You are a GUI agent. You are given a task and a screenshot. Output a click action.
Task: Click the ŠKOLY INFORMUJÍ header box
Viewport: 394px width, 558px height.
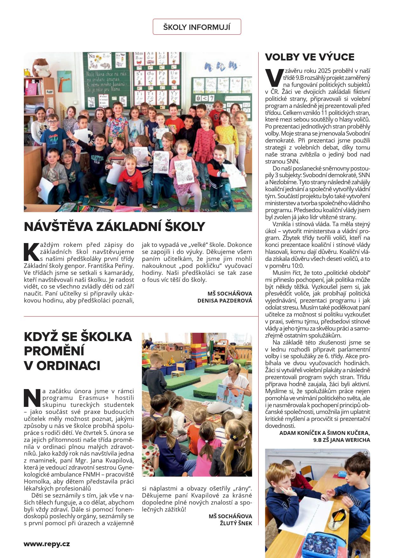point(197,27)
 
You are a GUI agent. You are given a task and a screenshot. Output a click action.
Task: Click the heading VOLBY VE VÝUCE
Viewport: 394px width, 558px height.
point(309,57)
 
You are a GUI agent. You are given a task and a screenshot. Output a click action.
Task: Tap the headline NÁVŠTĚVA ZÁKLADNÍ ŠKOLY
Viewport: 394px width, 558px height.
point(114,227)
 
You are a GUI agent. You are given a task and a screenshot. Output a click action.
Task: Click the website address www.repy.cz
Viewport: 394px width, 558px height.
point(47,544)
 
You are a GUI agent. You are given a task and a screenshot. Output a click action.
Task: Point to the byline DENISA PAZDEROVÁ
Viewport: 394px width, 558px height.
point(225,301)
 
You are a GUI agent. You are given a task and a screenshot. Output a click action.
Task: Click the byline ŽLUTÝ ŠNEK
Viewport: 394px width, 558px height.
point(236,523)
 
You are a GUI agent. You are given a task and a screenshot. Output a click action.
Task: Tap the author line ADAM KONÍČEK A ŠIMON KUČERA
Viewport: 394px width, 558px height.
point(324,433)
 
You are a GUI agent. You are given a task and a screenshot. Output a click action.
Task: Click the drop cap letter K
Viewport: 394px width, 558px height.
point(31,252)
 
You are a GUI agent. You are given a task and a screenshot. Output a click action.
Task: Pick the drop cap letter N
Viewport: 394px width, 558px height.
point(32,398)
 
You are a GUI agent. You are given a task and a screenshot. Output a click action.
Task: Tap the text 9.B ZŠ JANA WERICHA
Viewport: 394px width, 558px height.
point(342,440)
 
